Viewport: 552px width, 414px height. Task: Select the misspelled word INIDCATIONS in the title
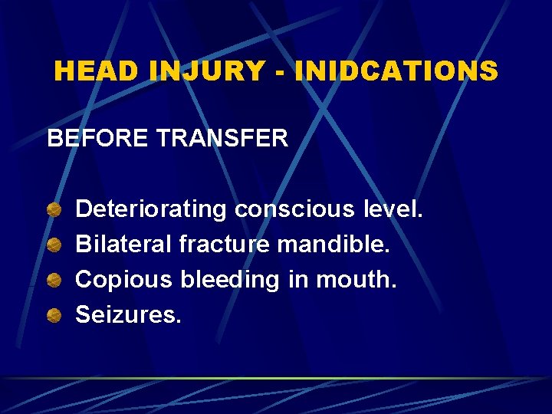pos(396,71)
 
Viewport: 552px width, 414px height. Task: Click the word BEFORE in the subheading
pos(98,139)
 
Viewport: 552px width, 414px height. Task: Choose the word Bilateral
pos(123,245)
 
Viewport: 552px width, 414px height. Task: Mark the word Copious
pos(124,280)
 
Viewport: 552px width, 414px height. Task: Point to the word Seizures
pos(128,315)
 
